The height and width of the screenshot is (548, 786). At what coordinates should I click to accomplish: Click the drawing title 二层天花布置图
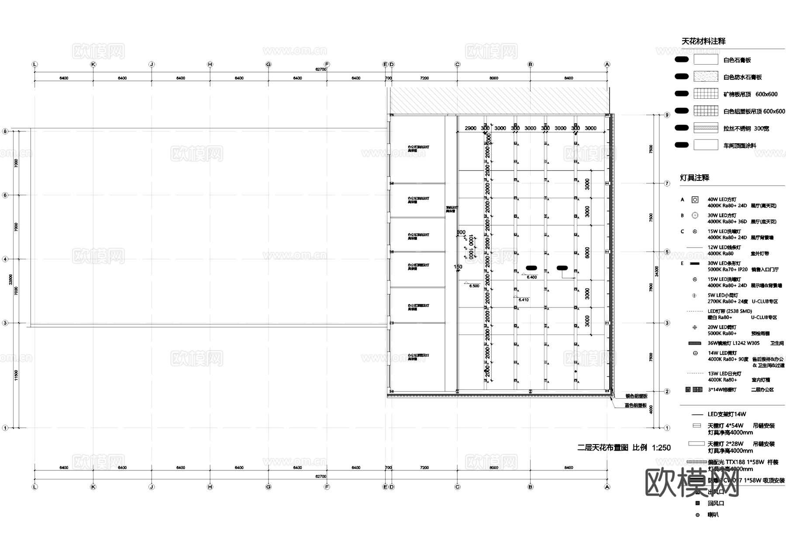pyautogui.click(x=603, y=448)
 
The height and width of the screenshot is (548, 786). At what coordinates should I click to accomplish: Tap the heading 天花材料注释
pyautogui.click(x=703, y=41)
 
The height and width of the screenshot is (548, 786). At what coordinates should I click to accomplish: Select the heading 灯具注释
pyautogui.click(x=694, y=178)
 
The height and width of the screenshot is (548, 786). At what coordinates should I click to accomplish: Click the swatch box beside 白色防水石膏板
pyautogui.click(x=706, y=77)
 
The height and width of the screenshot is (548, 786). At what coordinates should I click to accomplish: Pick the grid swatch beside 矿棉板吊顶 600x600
pyautogui.click(x=706, y=94)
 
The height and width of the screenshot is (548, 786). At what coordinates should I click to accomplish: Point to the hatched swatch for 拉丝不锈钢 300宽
pyautogui.click(x=706, y=128)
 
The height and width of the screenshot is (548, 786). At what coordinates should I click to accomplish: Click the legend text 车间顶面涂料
pyautogui.click(x=740, y=145)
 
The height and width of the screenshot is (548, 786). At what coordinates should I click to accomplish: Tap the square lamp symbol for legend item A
pyautogui.click(x=695, y=200)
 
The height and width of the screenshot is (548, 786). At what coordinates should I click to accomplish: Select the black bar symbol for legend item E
pyautogui.click(x=694, y=264)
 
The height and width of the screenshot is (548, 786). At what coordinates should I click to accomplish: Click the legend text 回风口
pyautogui.click(x=716, y=503)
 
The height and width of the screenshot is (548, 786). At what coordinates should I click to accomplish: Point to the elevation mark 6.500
pyautogui.click(x=474, y=286)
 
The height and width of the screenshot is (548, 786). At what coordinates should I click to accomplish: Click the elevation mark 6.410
pyautogui.click(x=524, y=300)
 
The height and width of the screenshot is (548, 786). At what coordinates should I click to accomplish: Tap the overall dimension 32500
pyautogui.click(x=11, y=279)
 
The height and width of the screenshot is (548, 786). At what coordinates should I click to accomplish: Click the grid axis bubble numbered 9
pyautogui.click(x=667, y=115)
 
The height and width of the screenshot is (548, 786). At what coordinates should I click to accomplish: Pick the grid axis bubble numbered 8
pyautogui.click(x=5, y=131)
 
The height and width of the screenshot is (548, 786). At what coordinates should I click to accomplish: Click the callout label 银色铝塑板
pyautogui.click(x=636, y=396)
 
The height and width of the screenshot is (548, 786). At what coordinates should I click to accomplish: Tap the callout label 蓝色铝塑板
pyautogui.click(x=635, y=406)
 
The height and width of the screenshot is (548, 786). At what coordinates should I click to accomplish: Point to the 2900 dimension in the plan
pyautogui.click(x=471, y=128)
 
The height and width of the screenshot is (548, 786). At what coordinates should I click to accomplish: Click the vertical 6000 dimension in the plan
pyautogui.click(x=587, y=253)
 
